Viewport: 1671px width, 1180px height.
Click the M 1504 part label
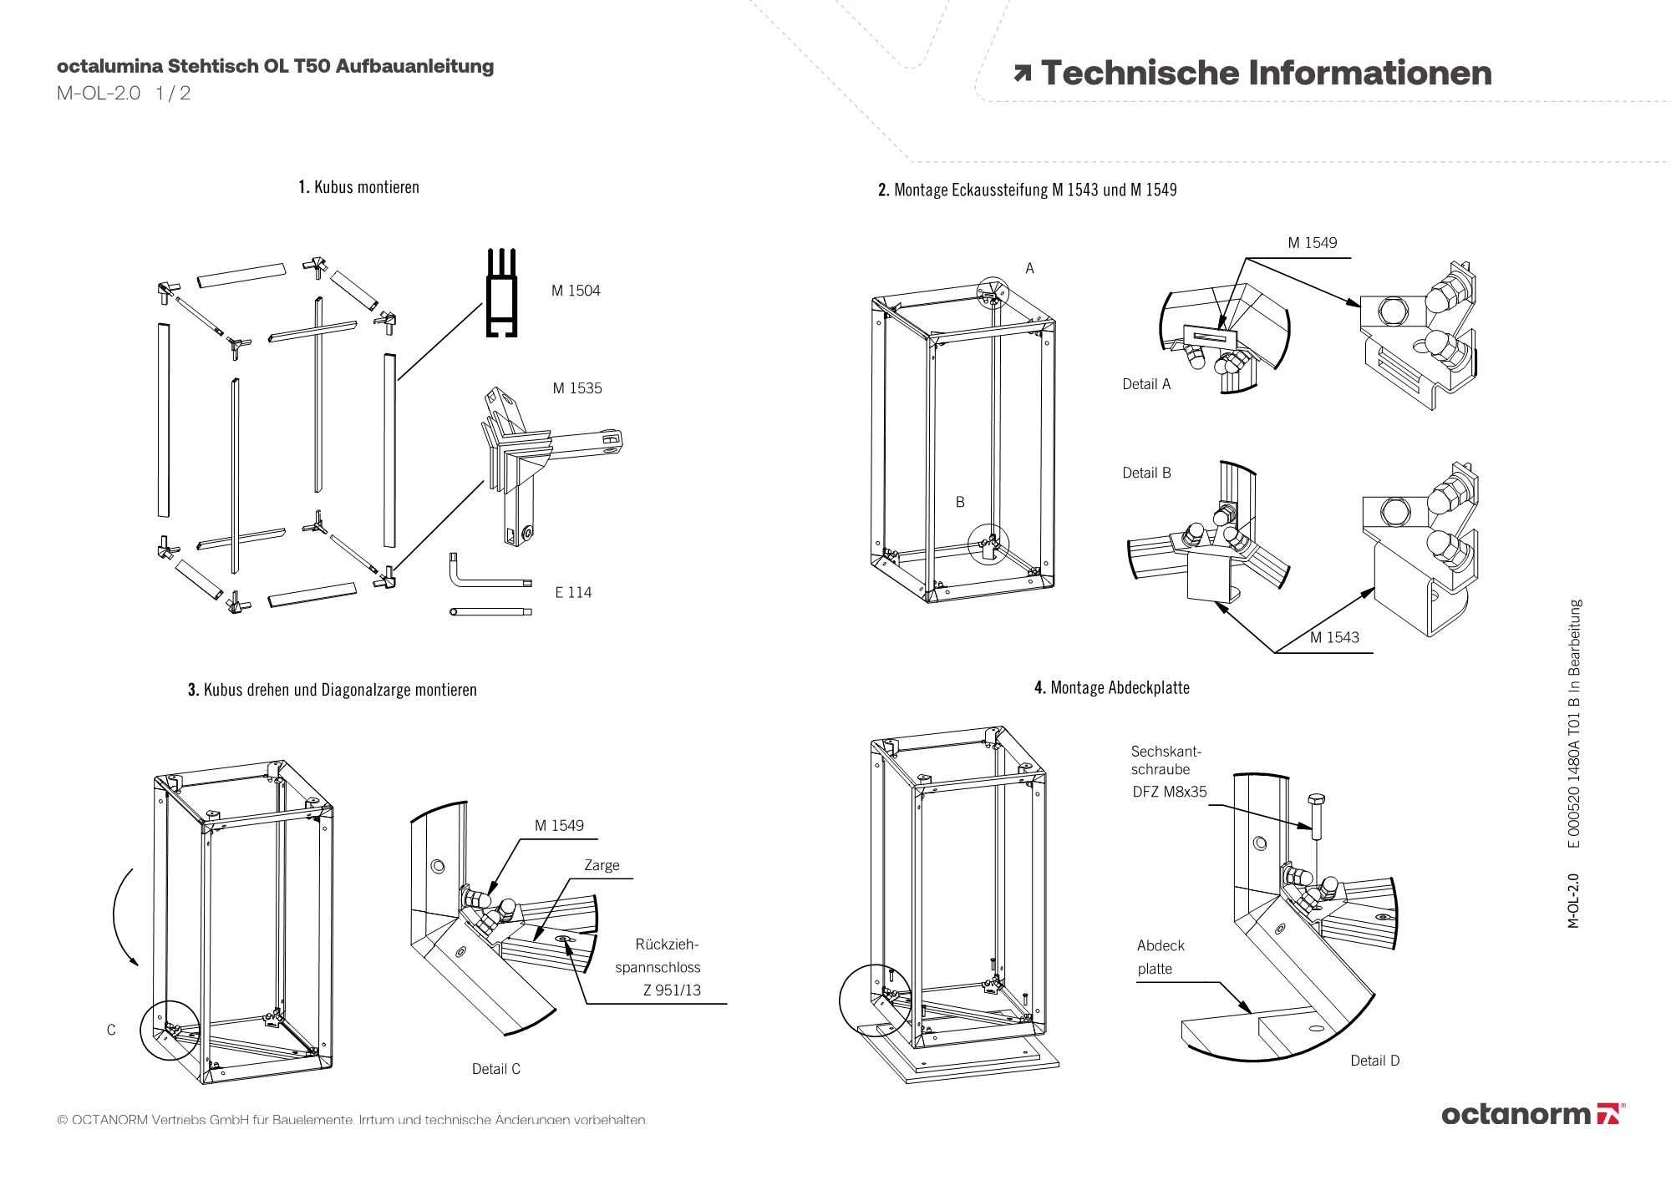tap(576, 291)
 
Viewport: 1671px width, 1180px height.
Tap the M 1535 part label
tap(576, 388)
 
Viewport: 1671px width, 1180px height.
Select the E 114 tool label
tap(573, 593)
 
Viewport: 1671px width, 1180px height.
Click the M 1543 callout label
tap(1334, 638)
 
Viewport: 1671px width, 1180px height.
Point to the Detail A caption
tap(1146, 384)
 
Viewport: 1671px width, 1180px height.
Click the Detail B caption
tap(1146, 473)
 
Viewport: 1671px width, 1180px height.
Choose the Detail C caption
tap(495, 1069)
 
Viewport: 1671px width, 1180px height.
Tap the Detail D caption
tap(1374, 1061)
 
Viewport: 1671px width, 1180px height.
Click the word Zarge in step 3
tap(602, 865)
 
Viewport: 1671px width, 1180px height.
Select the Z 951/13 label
tap(672, 990)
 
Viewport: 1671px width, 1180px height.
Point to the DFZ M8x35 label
tap(1170, 792)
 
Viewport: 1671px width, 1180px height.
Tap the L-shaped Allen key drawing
tap(485, 575)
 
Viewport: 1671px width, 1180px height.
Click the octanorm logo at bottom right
tap(1532, 1114)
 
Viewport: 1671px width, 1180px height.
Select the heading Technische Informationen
tap(1265, 73)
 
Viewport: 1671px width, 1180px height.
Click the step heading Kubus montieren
tap(359, 187)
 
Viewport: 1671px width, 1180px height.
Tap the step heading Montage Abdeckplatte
tap(1111, 688)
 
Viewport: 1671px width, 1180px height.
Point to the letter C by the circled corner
tap(111, 1031)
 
